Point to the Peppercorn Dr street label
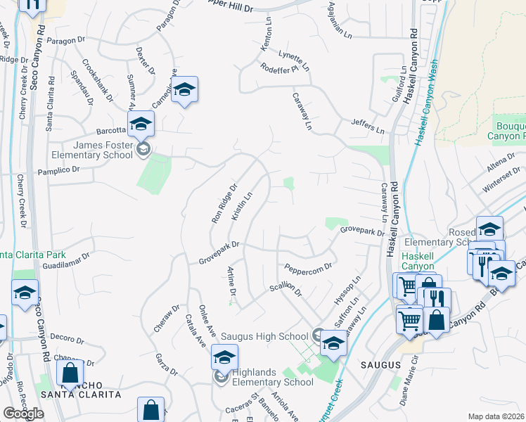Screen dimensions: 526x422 coord(308,268)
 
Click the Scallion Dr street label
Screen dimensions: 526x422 coord(285,290)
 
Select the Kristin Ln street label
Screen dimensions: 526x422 coord(242,206)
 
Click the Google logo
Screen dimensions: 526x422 coord(23,414)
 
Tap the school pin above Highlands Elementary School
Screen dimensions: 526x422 coord(224,357)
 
